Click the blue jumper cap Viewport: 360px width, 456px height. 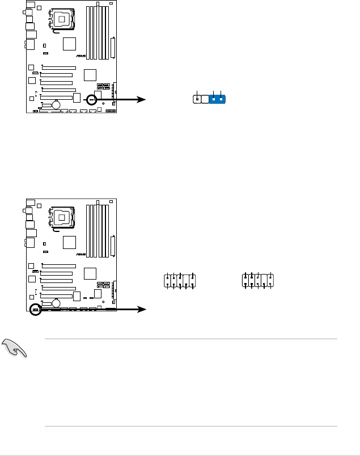[218, 100]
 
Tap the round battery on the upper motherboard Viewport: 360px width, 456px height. [57, 104]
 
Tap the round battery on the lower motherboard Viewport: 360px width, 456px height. [57, 302]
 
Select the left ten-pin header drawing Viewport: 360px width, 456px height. [180, 281]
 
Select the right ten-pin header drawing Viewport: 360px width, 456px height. [259, 281]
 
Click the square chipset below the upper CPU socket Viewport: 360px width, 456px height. [69, 44]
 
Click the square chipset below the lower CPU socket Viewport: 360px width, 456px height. [69, 242]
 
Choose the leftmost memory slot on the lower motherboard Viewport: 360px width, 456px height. [88, 230]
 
